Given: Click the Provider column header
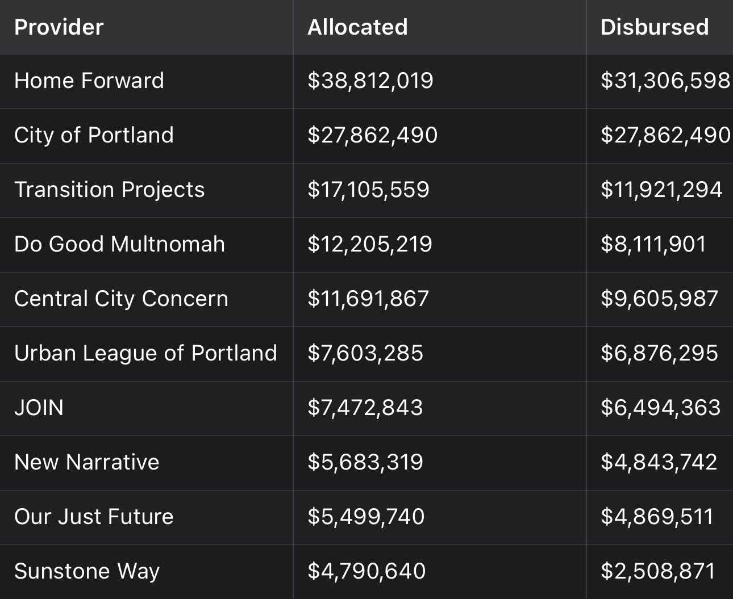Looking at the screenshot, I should (x=59, y=27).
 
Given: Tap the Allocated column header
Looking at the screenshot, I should (x=357, y=27).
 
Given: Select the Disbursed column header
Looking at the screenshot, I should (x=655, y=27).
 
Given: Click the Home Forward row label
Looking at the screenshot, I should (x=89, y=81).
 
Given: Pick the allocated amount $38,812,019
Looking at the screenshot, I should (x=370, y=81).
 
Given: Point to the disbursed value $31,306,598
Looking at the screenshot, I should (x=665, y=81).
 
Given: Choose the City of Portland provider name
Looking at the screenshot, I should (x=94, y=135).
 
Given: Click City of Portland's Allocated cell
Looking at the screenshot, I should (x=372, y=135).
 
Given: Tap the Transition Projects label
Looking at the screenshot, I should (x=109, y=190).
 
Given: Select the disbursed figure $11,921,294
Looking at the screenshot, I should (x=661, y=190).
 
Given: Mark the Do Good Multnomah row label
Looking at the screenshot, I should (x=119, y=244).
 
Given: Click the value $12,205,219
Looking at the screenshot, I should (x=370, y=244).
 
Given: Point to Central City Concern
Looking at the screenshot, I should (x=121, y=299).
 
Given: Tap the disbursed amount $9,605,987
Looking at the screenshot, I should (x=659, y=299).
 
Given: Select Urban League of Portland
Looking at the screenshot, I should (x=145, y=353).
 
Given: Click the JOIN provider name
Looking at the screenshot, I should (x=39, y=408).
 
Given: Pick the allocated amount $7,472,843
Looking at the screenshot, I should (x=365, y=408).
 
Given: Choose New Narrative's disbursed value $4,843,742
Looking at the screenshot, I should (x=659, y=462).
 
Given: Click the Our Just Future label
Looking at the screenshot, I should (x=94, y=517).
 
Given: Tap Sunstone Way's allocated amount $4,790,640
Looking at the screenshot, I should (x=367, y=571).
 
